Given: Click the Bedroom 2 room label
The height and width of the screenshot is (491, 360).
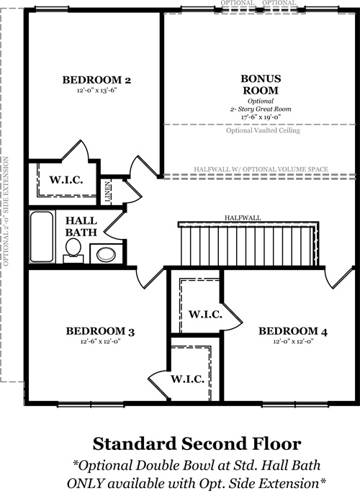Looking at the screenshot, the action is pyautogui.click(x=96, y=80).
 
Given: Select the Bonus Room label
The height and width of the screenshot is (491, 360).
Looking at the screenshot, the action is pyautogui.click(x=261, y=84).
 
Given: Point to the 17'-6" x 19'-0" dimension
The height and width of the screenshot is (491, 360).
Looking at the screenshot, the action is pyautogui.click(x=261, y=117).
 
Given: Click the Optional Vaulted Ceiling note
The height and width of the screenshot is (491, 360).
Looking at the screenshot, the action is pyautogui.click(x=263, y=130).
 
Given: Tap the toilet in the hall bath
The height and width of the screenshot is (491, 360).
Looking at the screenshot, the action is pyautogui.click(x=73, y=250).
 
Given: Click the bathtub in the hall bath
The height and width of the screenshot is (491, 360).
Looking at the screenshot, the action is pyautogui.click(x=42, y=236).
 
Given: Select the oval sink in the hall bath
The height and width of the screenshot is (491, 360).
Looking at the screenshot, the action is pyautogui.click(x=106, y=254).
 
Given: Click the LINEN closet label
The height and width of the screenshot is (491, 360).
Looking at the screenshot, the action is pyautogui.click(x=107, y=192).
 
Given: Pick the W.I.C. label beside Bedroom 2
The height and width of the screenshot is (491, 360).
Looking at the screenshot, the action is pyautogui.click(x=66, y=180).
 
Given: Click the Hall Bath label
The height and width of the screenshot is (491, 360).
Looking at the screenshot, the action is pyautogui.click(x=81, y=226).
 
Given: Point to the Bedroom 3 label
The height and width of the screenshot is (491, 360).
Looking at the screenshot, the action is pyautogui.click(x=100, y=331).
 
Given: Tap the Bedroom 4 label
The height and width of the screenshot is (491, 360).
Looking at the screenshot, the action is pyautogui.click(x=293, y=331).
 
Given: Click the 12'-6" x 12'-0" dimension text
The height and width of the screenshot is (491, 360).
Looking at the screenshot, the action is pyautogui.click(x=101, y=341).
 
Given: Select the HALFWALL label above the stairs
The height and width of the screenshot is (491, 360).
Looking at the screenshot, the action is pyautogui.click(x=243, y=218).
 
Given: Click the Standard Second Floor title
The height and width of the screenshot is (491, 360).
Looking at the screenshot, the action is pyautogui.click(x=197, y=443).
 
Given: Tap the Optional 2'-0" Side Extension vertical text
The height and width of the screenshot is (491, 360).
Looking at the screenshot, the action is pyautogui.click(x=6, y=212).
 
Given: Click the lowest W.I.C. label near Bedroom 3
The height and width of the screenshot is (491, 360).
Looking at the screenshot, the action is pyautogui.click(x=187, y=379).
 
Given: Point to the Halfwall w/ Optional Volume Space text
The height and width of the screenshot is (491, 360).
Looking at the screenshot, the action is pyautogui.click(x=261, y=169).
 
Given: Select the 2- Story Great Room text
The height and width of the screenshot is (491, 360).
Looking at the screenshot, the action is pyautogui.click(x=261, y=109).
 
